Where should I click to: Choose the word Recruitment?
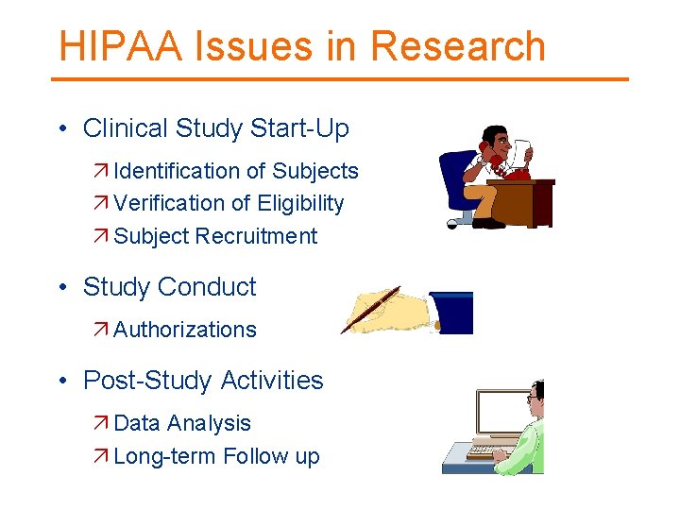pos(256,236)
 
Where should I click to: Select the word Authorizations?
pos(185,330)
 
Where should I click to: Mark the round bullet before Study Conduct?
pos(61,288)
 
